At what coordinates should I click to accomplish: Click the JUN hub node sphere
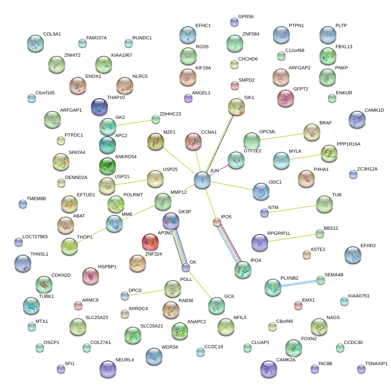pos(202,180)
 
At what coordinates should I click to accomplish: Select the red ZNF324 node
pos(150,242)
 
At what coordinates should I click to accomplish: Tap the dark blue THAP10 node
pos(99,107)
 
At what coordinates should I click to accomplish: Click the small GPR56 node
pos(234,22)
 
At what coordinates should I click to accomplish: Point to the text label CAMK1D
pos(374,110)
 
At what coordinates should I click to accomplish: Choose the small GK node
pos(185,267)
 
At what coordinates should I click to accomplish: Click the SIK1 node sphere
pos(236,107)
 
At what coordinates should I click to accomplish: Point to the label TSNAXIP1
pos(376,363)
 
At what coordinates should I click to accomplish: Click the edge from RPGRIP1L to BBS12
pos(292,238)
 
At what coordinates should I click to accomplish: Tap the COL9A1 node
pos(36,43)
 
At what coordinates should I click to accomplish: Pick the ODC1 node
pos(261,191)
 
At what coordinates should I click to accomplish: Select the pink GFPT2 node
pos(286,98)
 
